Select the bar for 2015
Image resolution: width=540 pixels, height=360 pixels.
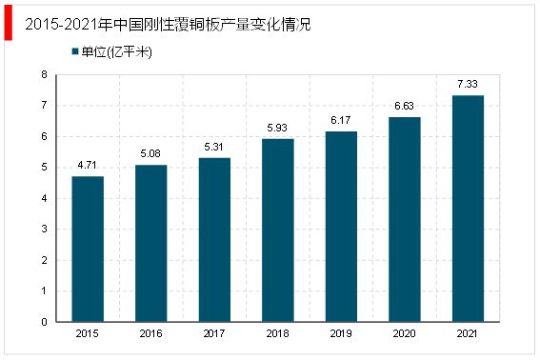point(88,249)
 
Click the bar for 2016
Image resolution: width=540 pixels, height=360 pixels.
point(150,243)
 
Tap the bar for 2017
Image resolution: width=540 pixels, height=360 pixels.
point(214,239)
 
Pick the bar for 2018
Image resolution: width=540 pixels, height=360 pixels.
point(277,230)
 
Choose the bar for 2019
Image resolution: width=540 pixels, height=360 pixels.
point(341,226)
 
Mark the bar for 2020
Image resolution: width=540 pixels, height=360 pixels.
point(404,219)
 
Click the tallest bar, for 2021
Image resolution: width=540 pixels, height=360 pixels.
point(468,208)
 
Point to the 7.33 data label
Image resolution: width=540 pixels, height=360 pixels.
point(468,86)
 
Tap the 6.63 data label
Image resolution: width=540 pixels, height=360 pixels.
point(404,108)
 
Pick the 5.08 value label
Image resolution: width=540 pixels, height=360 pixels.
point(150,155)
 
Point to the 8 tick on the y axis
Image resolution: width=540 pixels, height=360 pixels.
point(47,74)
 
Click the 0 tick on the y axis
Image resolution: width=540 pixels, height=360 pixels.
point(47,321)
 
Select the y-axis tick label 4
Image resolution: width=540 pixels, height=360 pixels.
point(47,198)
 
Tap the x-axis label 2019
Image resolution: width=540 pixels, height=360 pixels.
point(341,334)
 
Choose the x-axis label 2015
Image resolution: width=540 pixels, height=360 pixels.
point(88,334)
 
